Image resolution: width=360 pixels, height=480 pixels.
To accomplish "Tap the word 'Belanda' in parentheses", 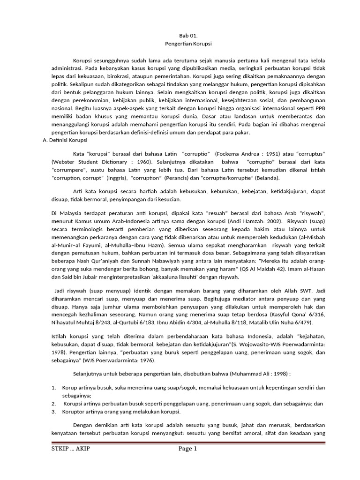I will (265, 178).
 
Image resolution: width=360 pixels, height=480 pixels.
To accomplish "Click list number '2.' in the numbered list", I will (53, 403).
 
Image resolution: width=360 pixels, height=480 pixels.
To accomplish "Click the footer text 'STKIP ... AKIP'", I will (70, 449).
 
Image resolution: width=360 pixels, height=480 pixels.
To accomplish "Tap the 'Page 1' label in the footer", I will (188, 449).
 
